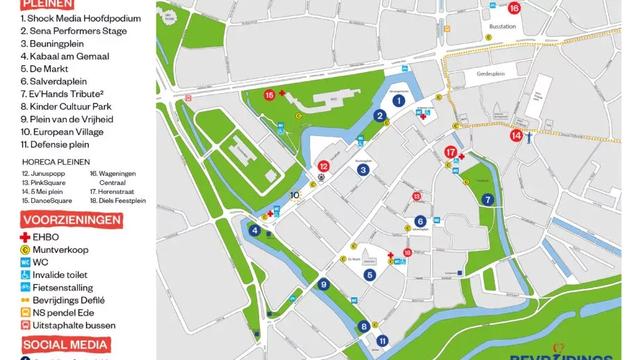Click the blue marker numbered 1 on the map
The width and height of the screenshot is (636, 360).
(x=399, y=100)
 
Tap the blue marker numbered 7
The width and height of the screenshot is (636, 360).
(x=488, y=199)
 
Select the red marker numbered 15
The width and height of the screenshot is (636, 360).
(x=270, y=95)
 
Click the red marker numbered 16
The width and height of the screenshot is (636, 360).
(x=514, y=8)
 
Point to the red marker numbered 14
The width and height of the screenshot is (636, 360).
(x=516, y=136)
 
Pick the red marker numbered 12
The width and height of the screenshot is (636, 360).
(x=323, y=166)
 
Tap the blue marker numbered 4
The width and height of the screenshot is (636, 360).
(x=255, y=231)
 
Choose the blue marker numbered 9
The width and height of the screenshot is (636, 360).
(x=323, y=284)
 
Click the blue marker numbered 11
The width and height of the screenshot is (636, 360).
(x=383, y=341)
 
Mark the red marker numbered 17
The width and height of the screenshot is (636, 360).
(x=450, y=152)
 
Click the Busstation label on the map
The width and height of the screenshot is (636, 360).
(x=502, y=26)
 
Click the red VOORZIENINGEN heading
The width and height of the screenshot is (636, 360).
(x=72, y=220)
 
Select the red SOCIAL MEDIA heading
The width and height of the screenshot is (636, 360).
(x=65, y=344)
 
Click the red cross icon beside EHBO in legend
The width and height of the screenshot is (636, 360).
(x=25, y=237)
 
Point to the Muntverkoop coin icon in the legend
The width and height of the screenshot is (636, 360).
(x=25, y=249)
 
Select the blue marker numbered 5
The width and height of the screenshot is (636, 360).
(x=370, y=275)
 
